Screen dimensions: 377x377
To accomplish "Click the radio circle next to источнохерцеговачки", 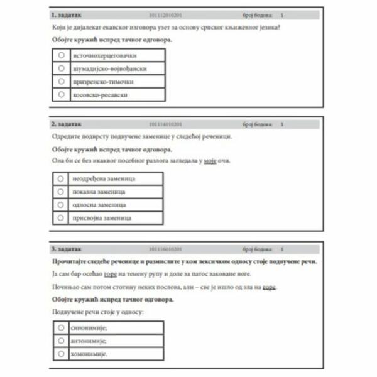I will point(61,55).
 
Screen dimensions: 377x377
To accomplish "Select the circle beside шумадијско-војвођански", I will point(61,68).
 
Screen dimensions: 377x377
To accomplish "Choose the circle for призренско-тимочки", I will point(61,81).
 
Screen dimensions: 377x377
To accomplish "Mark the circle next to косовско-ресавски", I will point(61,94).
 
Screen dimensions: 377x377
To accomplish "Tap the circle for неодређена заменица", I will point(61,178).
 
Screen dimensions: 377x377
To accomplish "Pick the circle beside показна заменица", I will point(61,191).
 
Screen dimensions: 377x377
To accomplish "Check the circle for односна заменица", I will point(61,204).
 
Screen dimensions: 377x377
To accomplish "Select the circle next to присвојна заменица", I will point(61,217).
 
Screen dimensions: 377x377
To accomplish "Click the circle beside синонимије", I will point(61,327).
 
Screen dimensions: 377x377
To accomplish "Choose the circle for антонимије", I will point(61,341).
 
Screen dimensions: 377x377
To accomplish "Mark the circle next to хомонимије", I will point(61,354).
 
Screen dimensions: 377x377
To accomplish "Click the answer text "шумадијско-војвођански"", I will point(102,68).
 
